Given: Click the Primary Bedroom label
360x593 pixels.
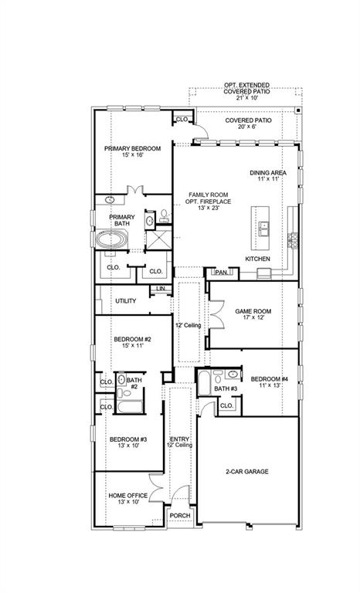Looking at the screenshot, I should [x=133, y=148].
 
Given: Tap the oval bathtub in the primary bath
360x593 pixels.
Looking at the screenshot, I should [x=113, y=240].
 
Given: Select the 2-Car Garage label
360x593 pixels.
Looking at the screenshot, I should [x=247, y=471].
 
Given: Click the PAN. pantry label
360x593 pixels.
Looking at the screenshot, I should [x=221, y=272].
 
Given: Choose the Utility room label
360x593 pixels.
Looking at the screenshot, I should [x=126, y=300].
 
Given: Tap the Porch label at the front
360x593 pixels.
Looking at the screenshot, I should [x=180, y=516].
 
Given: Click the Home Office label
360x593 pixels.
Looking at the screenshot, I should [x=128, y=496].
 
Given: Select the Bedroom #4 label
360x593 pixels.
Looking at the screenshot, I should [x=268, y=378].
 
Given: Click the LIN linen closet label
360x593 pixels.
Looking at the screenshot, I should [x=161, y=289].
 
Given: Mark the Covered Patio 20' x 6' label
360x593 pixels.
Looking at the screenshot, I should [x=247, y=121].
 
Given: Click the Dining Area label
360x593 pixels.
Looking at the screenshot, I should [x=267, y=173].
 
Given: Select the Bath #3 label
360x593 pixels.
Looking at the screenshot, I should [x=226, y=388].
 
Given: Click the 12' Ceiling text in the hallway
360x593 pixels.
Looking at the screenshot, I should [x=188, y=326].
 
